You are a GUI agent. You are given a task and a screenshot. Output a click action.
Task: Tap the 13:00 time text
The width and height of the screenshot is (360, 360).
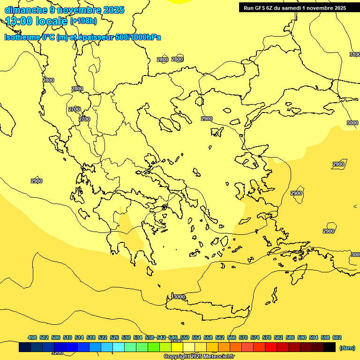click(x=19, y=21)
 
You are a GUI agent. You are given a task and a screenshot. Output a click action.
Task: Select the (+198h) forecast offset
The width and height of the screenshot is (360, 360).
click(x=83, y=21)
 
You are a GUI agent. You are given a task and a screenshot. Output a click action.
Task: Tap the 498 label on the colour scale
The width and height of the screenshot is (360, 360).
click(x=32, y=337)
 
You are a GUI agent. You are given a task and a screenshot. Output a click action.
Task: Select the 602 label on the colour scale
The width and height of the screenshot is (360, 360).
click(x=337, y=337)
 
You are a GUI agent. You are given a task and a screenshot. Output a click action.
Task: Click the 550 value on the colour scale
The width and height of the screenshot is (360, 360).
click(x=185, y=337)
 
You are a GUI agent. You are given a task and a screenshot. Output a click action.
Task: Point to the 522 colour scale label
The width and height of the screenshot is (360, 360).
click(x=103, y=337)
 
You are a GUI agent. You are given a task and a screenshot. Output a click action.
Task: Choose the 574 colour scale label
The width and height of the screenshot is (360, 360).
click(x=255, y=337)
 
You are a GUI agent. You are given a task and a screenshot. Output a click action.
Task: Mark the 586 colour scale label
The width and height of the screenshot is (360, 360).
click(x=290, y=337)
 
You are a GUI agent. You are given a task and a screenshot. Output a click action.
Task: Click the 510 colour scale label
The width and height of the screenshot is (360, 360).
click(x=67, y=337)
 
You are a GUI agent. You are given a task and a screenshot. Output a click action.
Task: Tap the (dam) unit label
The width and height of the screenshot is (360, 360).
click(x=347, y=347)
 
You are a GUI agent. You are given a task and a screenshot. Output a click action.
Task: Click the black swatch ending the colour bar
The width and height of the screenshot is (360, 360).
click(x=330, y=347)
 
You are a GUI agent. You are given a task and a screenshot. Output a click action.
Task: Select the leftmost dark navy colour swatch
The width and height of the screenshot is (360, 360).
click(x=25, y=347)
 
